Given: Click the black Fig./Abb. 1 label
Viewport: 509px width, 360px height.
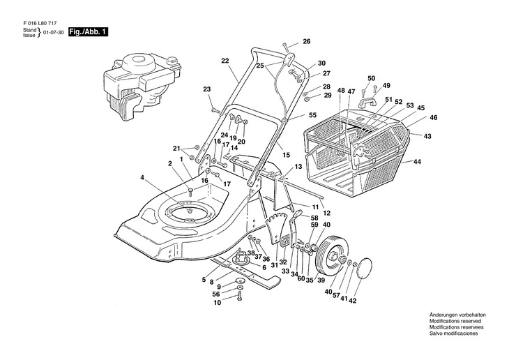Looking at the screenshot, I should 88,32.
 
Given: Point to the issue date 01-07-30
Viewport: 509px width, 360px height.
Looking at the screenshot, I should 54,33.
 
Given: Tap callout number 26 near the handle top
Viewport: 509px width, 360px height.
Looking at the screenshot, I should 306,42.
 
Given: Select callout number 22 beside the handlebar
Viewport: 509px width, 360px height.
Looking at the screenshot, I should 225,61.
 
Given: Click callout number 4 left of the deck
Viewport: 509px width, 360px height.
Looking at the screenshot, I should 143,178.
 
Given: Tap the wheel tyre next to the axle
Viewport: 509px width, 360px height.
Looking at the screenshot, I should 327,257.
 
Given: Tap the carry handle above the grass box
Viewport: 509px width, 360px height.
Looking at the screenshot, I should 365,103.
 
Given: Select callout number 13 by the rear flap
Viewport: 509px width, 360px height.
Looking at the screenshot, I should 298,167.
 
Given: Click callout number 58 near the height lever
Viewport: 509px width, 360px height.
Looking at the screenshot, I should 314,218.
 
